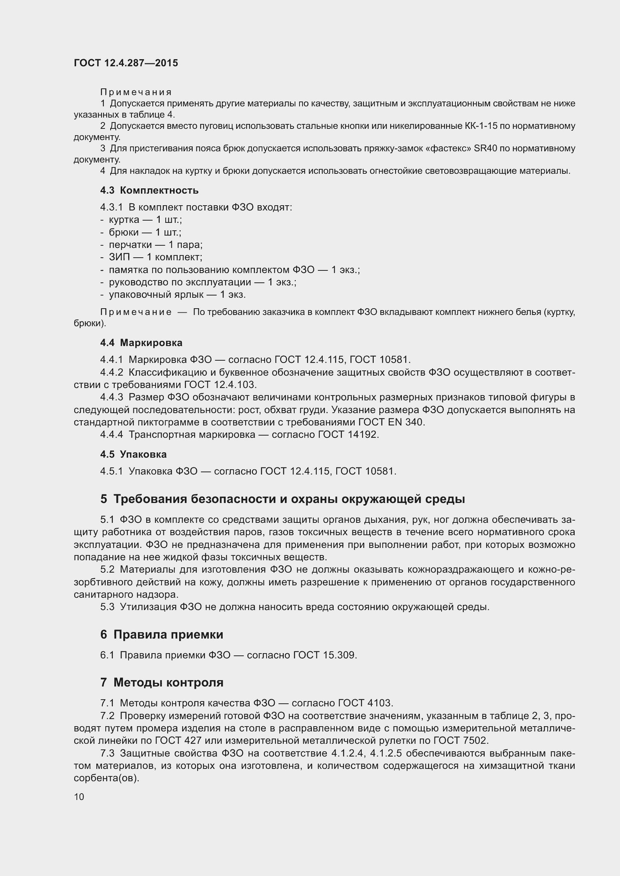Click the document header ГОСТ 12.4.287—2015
[x=126, y=63]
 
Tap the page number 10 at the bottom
[x=79, y=797]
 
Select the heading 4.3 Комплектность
[x=149, y=190]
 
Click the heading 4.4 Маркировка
[x=141, y=343]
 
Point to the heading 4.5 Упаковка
[x=133, y=454]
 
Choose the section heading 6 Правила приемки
[x=162, y=634]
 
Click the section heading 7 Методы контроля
[x=162, y=683]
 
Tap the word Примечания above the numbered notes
[x=136, y=93]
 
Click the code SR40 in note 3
[x=485, y=148]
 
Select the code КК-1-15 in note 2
[x=481, y=126]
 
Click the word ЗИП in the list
[x=120, y=257]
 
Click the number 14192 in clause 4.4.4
[x=362, y=434]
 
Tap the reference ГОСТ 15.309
[x=325, y=655]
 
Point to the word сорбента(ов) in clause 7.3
[x=106, y=778]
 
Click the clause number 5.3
[x=107, y=607]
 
